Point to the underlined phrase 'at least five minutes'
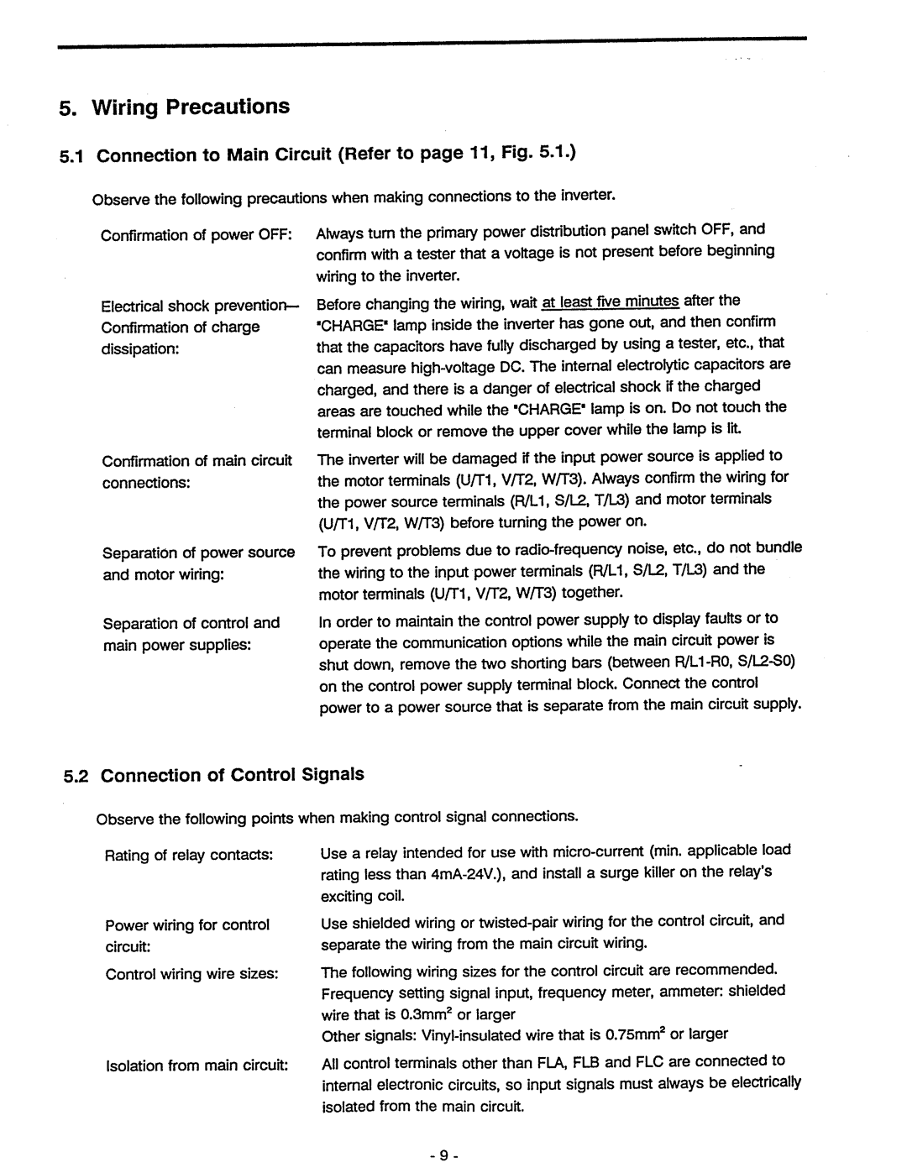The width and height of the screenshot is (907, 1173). [x=611, y=301]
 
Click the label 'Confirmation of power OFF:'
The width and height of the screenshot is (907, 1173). [x=195, y=235]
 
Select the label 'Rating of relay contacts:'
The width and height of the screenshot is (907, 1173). [x=189, y=856]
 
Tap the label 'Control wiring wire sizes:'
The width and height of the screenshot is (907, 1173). [x=191, y=974]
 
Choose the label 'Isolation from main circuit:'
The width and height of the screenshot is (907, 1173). [x=197, y=1066]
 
